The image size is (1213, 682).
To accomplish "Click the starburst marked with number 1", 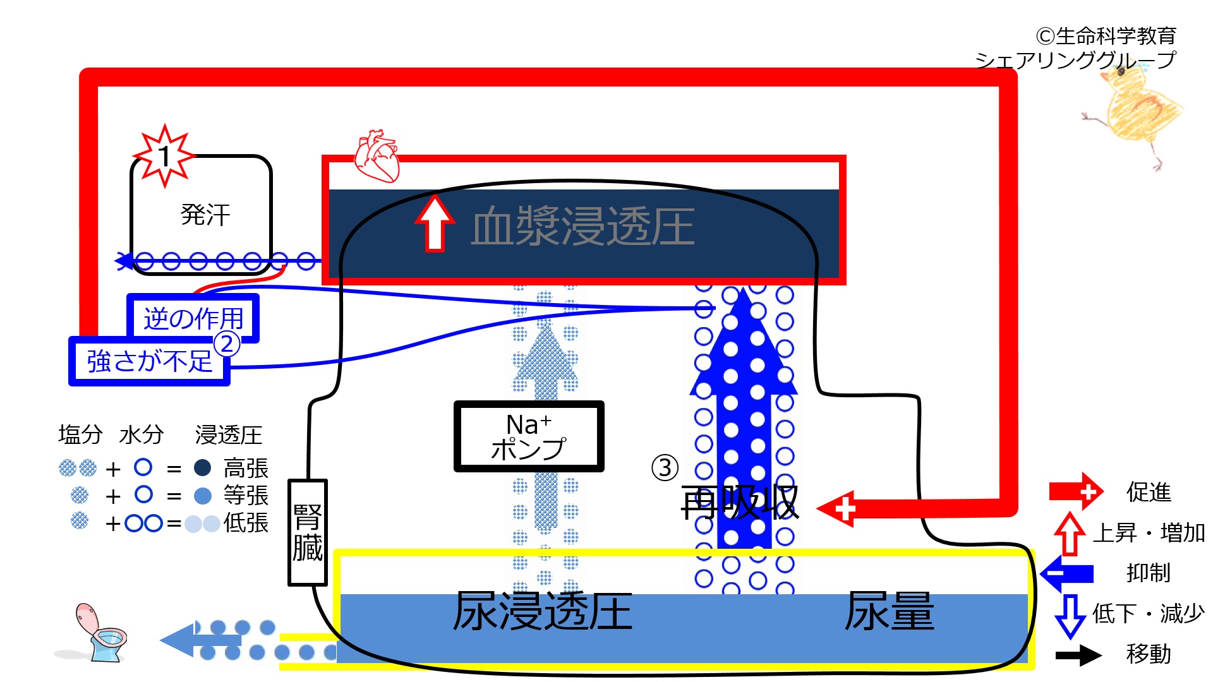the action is coord(165,156).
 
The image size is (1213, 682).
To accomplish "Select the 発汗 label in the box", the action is coord(205,215).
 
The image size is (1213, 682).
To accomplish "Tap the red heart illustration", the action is coord(377,156).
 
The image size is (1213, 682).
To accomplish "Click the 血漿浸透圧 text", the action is coord(582,226).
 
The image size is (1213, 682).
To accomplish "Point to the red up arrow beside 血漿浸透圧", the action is coord(435,223).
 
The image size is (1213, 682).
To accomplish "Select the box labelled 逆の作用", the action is coord(193,318).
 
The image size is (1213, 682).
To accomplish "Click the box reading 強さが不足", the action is coord(149,361).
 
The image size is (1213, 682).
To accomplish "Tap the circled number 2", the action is coord(227,344).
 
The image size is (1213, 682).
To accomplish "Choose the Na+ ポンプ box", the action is coord(529,436).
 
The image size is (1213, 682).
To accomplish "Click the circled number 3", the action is coord(665,468).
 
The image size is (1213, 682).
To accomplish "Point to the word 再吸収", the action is coord(740,503).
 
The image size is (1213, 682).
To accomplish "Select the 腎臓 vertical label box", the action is coord(307,532).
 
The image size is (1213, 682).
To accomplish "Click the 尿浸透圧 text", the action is coord(543,611).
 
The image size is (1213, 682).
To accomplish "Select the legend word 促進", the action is coord(1149,492).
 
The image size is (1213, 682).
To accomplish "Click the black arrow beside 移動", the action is coord(1079,655).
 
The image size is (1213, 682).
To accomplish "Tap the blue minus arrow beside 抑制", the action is coord(1067,573).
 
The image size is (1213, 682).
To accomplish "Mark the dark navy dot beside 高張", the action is coord(202,468).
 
